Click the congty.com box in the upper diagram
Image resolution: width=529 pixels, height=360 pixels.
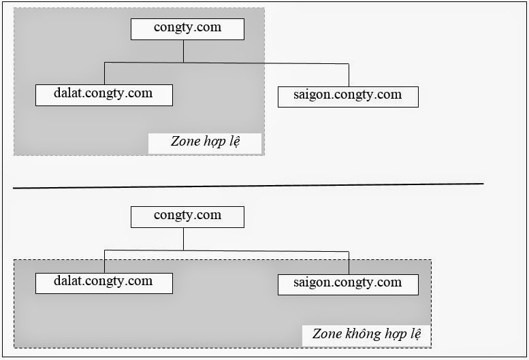click(187, 29)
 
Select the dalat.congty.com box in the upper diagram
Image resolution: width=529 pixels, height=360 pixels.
click(103, 95)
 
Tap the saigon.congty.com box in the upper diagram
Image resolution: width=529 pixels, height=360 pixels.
click(348, 96)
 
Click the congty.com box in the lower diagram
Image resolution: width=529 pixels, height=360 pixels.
click(187, 216)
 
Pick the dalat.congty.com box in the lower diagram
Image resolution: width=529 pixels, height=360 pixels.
click(103, 282)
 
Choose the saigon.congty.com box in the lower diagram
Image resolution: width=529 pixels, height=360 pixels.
click(348, 284)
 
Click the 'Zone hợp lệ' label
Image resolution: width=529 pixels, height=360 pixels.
click(206, 142)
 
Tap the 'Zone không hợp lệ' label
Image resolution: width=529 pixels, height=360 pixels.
click(366, 334)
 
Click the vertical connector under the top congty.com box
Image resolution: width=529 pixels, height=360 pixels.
click(184, 51)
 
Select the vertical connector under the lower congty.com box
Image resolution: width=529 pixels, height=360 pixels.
click(184, 239)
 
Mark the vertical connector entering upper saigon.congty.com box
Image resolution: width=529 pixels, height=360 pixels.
click(349, 76)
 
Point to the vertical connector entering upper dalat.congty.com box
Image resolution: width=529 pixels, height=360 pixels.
click(104, 73)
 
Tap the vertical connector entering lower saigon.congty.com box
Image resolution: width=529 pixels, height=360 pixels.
click(349, 263)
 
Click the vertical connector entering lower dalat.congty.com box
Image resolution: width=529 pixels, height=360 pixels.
click(104, 261)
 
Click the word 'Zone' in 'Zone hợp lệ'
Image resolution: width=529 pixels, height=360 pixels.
click(184, 142)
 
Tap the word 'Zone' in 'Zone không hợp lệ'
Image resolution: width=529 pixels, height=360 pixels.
click(326, 334)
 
